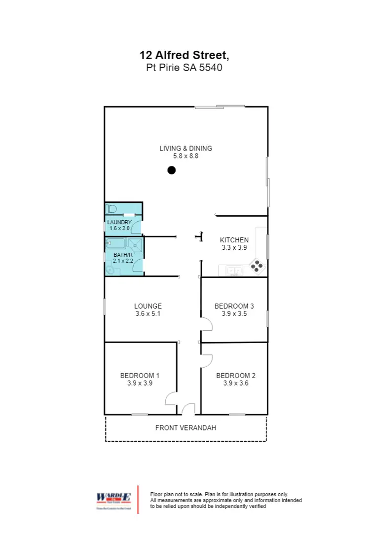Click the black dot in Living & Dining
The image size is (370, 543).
tap(171, 170)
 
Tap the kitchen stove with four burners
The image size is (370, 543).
tap(257, 266)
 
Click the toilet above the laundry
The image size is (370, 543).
tap(111, 209)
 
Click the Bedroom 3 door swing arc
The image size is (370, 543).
tap(206, 324)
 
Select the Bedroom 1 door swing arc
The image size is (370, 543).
tap(171, 398)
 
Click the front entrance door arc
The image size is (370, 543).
tap(188, 409)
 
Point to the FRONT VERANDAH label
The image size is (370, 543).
tap(185, 428)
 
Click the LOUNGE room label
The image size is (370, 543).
tap(148, 306)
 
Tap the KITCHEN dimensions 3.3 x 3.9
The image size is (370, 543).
tap(234, 248)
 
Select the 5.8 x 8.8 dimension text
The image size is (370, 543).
tap(185, 156)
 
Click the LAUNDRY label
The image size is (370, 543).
tap(119, 222)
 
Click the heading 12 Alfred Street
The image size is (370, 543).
tap(185, 55)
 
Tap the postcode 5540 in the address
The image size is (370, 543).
tap(211, 68)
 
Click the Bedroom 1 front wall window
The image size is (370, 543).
tap(140, 414)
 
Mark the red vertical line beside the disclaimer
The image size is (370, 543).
tap(138, 500)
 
